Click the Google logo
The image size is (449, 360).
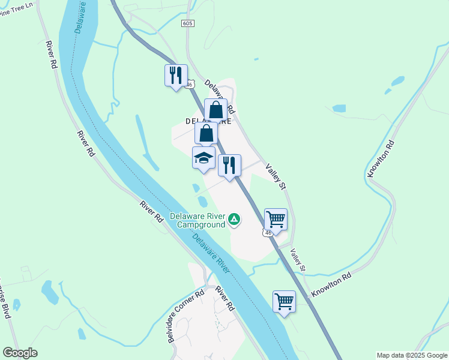[x=20, y=353]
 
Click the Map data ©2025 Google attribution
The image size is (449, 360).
[x=412, y=355]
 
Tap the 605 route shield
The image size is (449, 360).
[x=187, y=23]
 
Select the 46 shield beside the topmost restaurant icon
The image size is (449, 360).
[x=190, y=85]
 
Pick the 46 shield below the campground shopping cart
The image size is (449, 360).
[x=268, y=233]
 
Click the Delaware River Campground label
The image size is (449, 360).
[x=197, y=220]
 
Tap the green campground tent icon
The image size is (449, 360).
[x=234, y=221]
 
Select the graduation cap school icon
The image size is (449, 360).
[x=203, y=158]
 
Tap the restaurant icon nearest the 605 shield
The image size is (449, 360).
[x=176, y=75]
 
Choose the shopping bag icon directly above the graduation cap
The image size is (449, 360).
[x=206, y=133]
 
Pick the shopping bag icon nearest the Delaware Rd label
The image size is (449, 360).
[x=215, y=110]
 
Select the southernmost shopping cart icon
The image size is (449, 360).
[x=284, y=301]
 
